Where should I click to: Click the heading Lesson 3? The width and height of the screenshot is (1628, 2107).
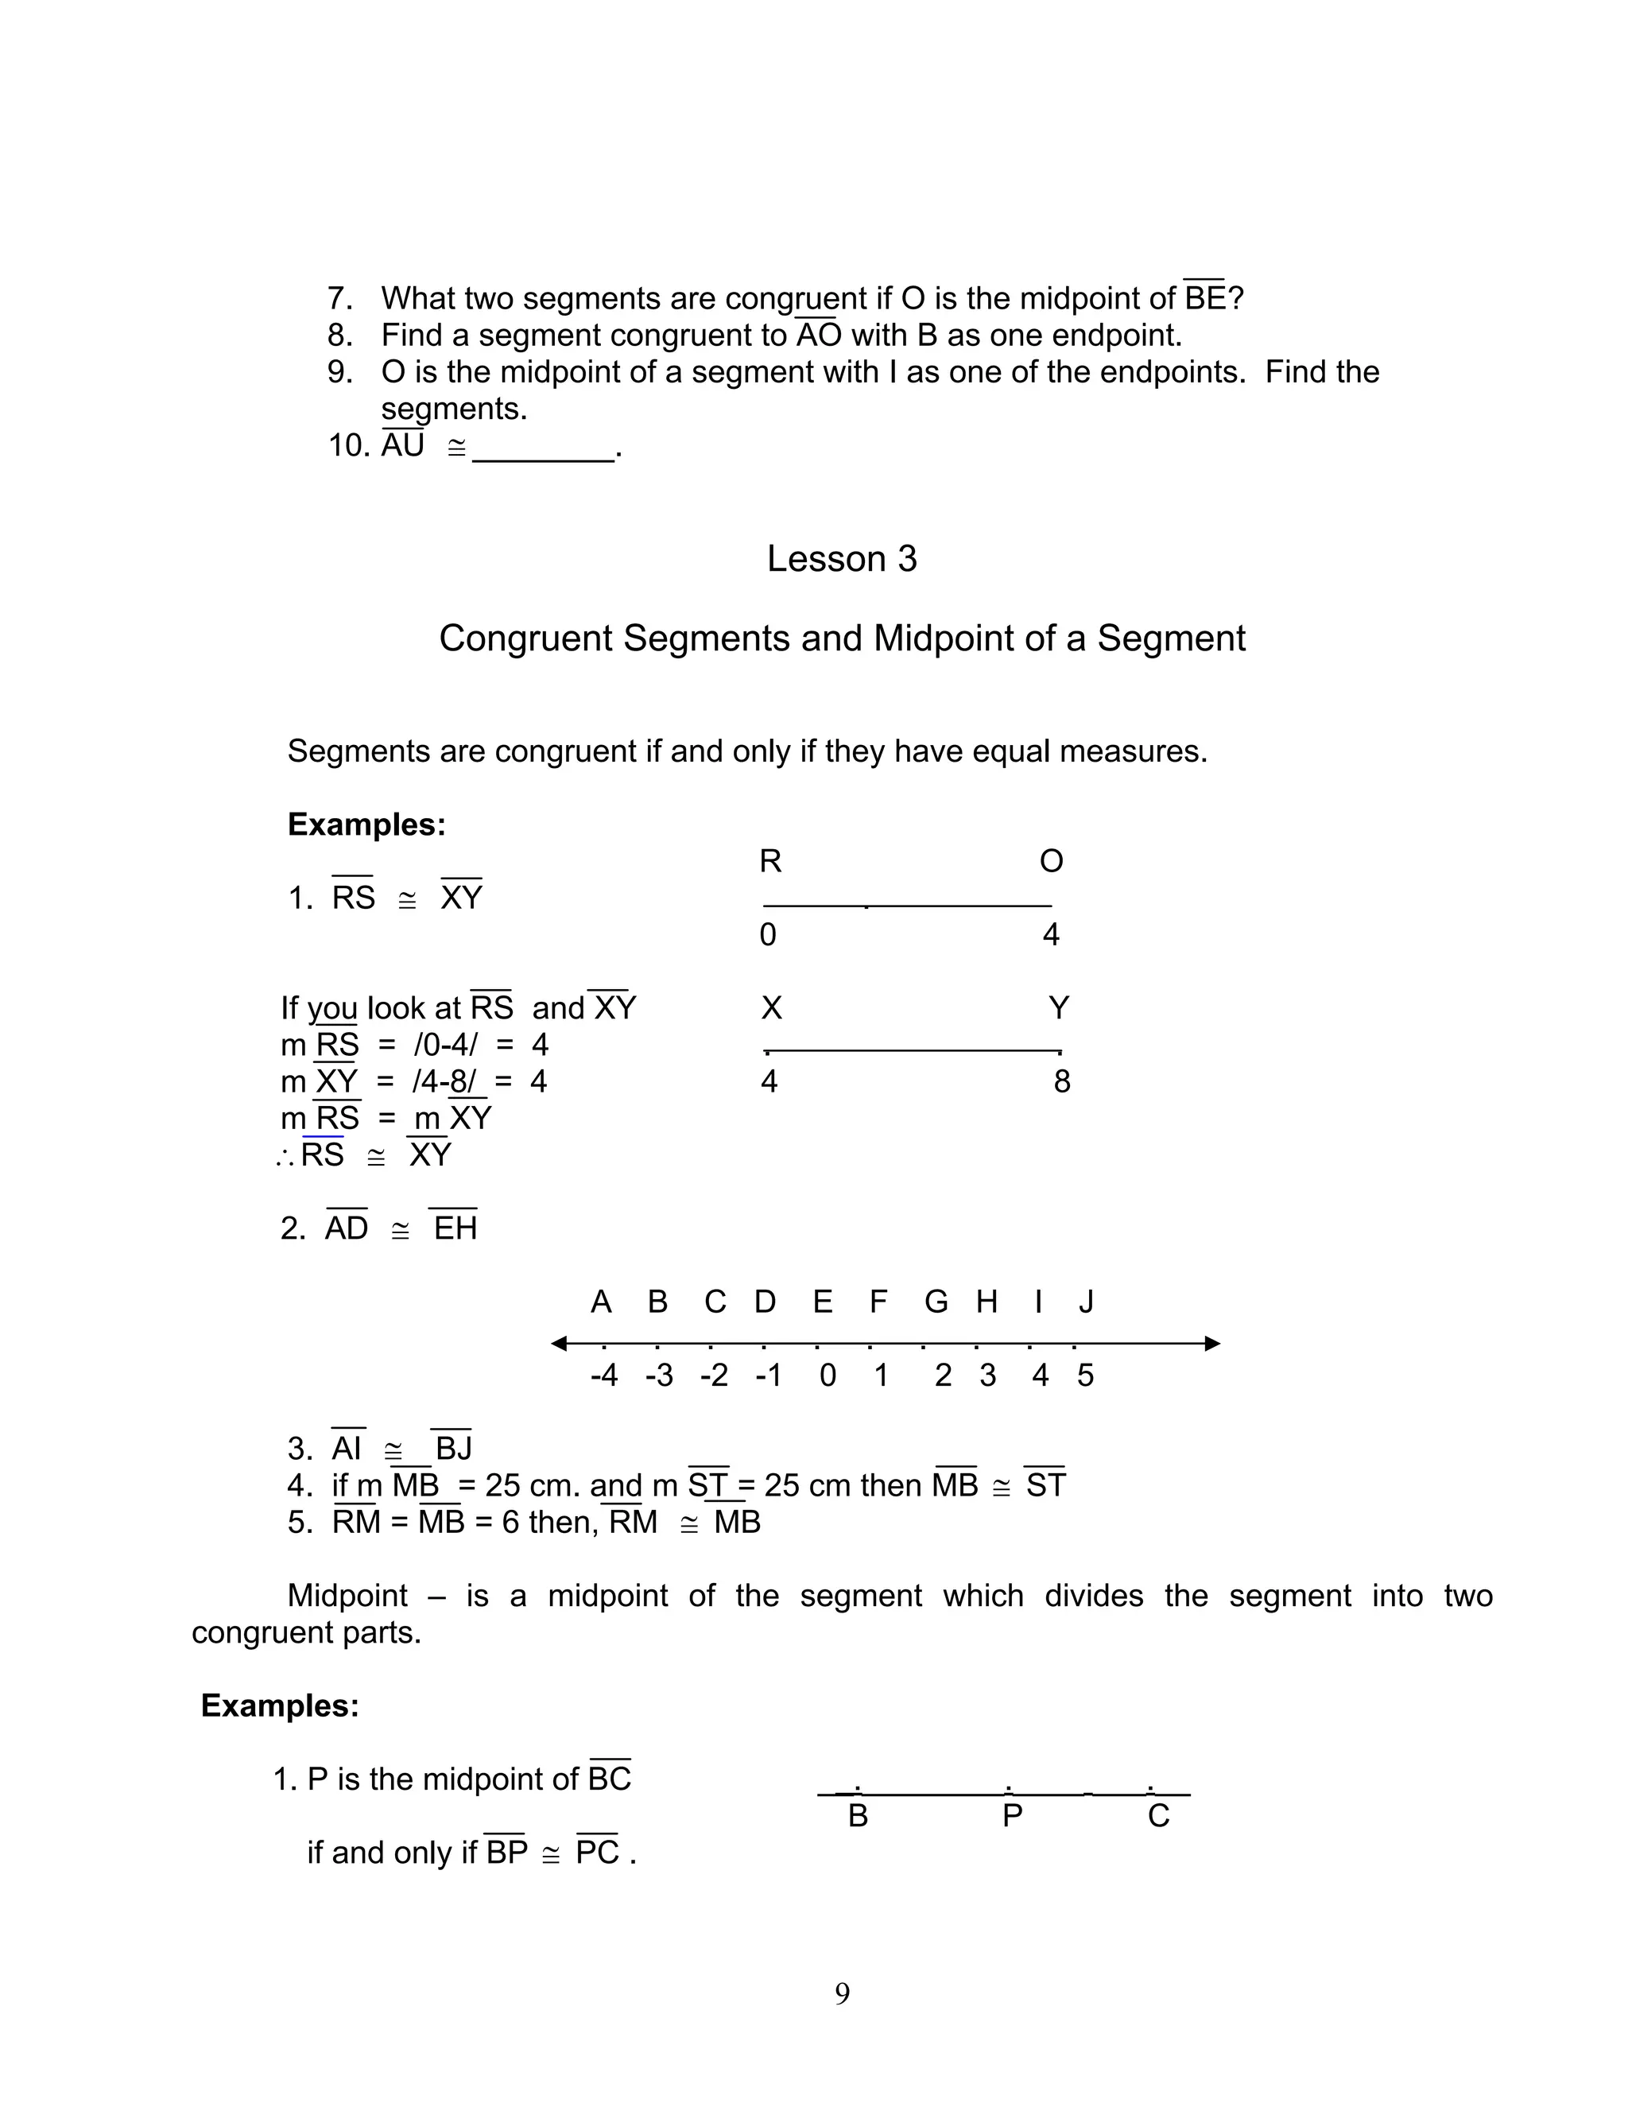[841, 559]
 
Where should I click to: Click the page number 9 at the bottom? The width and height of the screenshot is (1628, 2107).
[842, 1993]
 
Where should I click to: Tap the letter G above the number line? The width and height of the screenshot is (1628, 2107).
[936, 1302]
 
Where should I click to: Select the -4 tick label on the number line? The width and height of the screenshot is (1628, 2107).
[604, 1375]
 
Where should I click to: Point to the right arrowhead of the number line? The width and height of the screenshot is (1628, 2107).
[1212, 1343]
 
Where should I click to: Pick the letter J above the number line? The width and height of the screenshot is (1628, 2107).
[1086, 1302]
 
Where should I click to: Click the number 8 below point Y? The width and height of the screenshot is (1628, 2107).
[1062, 1081]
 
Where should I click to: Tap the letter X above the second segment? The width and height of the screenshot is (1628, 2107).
[770, 1008]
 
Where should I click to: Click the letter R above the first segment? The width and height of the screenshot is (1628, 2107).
[769, 860]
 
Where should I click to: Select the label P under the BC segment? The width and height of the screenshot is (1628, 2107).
[1012, 1816]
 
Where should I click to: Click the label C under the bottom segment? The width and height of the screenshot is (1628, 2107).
[1158, 1816]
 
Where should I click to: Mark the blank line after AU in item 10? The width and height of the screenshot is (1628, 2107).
[543, 457]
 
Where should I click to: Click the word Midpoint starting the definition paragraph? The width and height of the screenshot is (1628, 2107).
[347, 1595]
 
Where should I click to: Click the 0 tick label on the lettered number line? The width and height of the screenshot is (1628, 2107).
[828, 1375]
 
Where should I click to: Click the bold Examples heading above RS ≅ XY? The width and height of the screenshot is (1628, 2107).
[366, 824]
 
